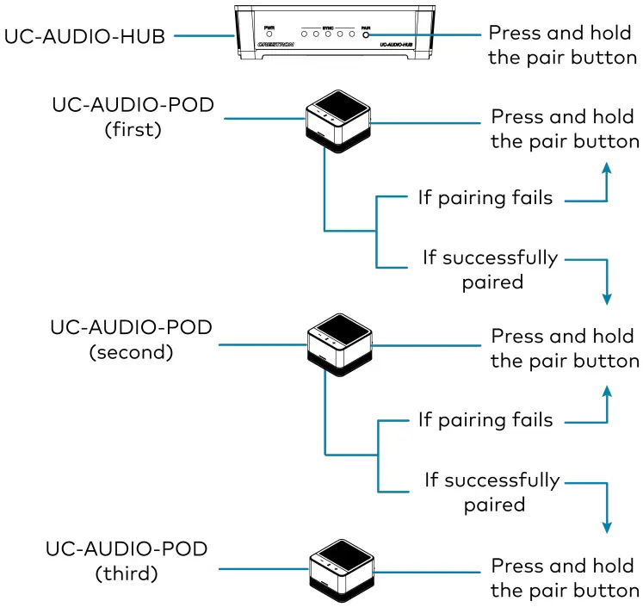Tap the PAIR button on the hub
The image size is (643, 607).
pos(367,36)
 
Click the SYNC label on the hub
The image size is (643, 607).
pos(327,28)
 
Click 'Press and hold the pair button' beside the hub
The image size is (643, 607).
pos(563,45)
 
